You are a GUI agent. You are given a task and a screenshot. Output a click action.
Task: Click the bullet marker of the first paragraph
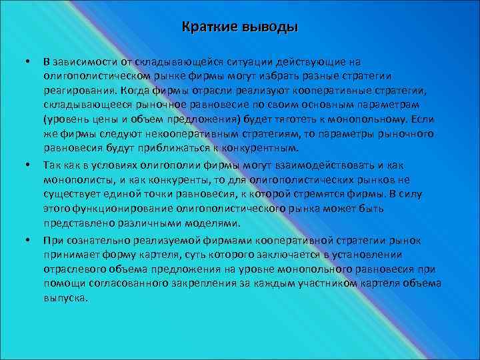point(27,62)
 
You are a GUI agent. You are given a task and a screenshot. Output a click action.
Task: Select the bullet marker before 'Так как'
point(27,165)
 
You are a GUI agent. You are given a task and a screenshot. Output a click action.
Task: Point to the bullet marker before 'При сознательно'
point(27,240)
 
